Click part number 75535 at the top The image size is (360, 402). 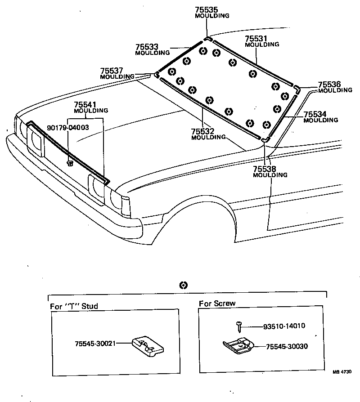coord(207,9)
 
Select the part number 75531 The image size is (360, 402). coord(256,39)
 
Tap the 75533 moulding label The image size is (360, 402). coord(147,47)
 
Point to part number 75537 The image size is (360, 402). coord(112,71)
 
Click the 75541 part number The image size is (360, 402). coord(85,104)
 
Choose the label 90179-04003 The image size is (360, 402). coord(67,127)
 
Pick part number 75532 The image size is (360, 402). coord(202,131)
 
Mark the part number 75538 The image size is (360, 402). coord(265,169)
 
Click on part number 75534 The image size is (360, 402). coord(315,114)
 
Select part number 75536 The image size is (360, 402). coord(329,85)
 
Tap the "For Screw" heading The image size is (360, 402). coord(217,304)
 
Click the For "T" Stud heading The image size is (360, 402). coord(74,306)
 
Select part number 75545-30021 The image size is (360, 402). coord(95,343)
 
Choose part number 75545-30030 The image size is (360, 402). coord(286,347)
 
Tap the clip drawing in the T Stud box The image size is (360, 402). coord(148,346)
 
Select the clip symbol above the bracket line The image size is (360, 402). coord(183,285)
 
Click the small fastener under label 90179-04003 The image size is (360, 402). coord(69,163)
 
